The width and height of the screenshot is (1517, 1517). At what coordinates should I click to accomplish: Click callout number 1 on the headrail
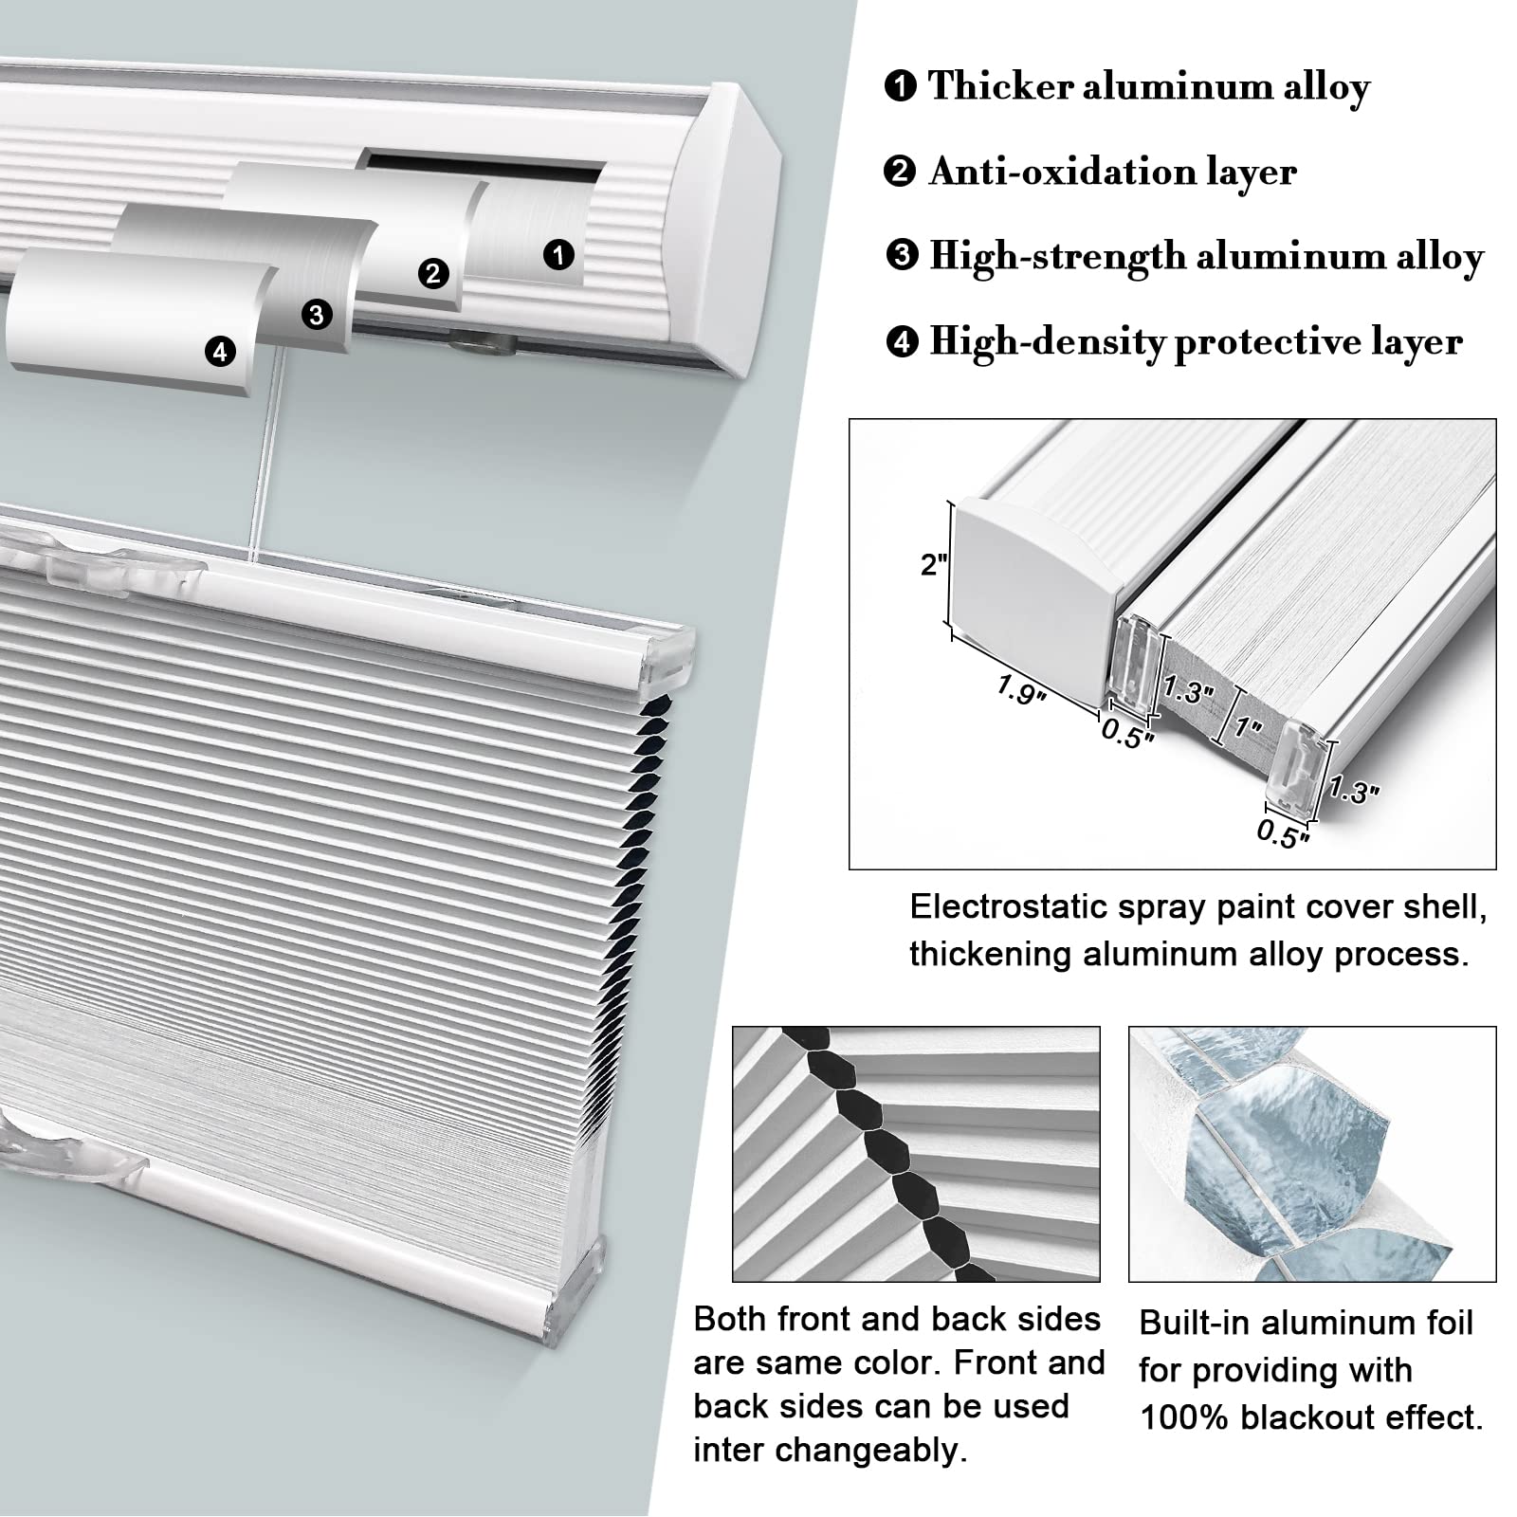pyautogui.click(x=558, y=254)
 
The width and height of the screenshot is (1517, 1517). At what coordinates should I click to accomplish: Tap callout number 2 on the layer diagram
pyautogui.click(x=433, y=274)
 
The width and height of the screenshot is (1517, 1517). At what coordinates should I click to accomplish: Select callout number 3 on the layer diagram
pyautogui.click(x=317, y=314)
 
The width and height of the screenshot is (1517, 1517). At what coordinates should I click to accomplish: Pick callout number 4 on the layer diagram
pyautogui.click(x=220, y=352)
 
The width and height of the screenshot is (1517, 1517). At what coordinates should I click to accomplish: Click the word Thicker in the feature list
pyautogui.click(x=998, y=86)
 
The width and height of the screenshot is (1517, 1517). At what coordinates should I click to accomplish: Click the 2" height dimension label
pyautogui.click(x=934, y=565)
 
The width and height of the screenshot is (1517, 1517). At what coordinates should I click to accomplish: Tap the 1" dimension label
pyautogui.click(x=1248, y=728)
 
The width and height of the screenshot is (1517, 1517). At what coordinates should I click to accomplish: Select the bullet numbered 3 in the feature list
pyautogui.click(x=902, y=256)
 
